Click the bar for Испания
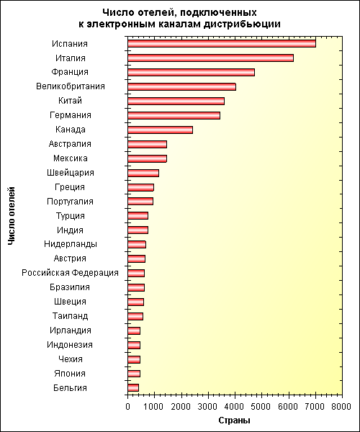[222, 43]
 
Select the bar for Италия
[211, 58]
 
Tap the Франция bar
[191, 72]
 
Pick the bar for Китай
[176, 101]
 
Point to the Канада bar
[161, 130]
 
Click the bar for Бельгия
[133, 388]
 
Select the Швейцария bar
[143, 173]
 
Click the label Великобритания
[71, 86]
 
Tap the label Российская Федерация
[71, 273]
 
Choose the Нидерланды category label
[71, 244]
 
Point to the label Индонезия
[70, 345]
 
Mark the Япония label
[70, 374]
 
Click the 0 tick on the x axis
[127, 407]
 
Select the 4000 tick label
[235, 407]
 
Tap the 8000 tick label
[342, 407]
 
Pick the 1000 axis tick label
[154, 407]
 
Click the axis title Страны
[235, 420]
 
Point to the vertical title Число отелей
[12, 216]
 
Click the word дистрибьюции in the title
[242, 24]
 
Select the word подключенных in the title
[219, 13]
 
